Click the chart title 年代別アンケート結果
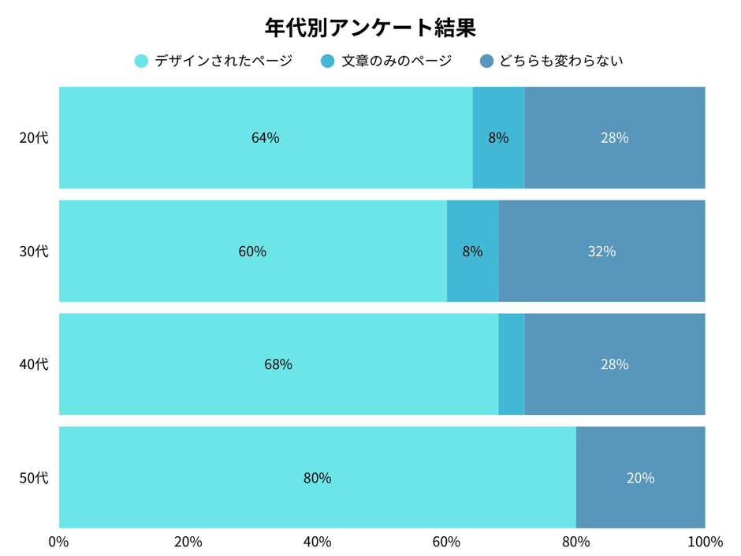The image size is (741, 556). [x=370, y=28]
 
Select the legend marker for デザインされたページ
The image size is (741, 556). [x=142, y=61]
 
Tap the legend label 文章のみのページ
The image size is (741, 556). [x=397, y=61]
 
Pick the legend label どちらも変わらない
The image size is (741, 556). [x=560, y=61]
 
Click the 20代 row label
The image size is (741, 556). [x=34, y=138]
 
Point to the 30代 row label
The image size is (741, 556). [x=34, y=252]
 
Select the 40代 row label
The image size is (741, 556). [x=34, y=364]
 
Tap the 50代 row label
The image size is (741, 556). [x=34, y=478]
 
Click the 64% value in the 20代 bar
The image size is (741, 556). [x=266, y=138]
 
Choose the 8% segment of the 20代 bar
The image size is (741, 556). [x=498, y=138]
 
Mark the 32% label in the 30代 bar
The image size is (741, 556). [x=601, y=252]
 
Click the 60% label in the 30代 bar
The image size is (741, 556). [x=252, y=252]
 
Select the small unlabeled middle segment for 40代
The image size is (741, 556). [x=512, y=364]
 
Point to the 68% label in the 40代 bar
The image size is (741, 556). [x=278, y=364]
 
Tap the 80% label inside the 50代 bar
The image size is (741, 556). [x=317, y=478]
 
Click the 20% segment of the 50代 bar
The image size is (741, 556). [x=640, y=478]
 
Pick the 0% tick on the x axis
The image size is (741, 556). [x=58, y=542]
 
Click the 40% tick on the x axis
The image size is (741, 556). [x=317, y=542]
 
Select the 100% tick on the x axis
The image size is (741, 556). [x=705, y=542]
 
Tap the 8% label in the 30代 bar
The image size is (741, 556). [x=472, y=252]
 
